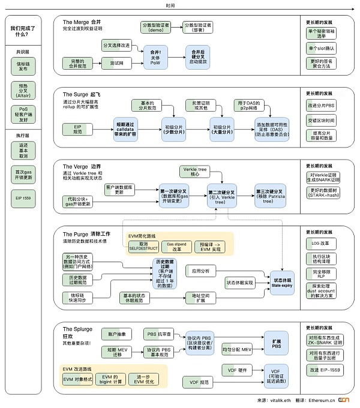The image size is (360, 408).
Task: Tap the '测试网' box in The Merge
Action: point(109,62)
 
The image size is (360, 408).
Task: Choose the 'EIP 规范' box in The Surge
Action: point(77,128)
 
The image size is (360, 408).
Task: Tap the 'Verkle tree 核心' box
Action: point(196,170)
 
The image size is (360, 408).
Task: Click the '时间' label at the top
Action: point(179,5)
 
